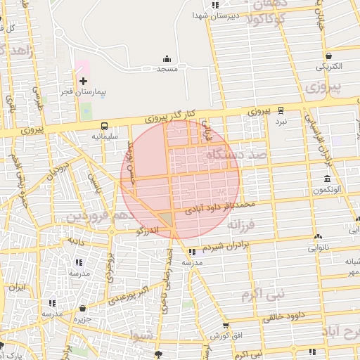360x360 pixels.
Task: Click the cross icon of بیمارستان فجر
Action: (x=84, y=82)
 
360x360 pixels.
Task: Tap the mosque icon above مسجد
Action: (x=167, y=58)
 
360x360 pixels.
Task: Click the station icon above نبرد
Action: (x=281, y=110)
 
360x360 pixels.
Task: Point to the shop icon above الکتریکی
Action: (x=328, y=56)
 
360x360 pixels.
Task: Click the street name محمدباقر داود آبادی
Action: (x=219, y=205)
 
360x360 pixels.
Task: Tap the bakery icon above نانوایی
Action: (x=319, y=236)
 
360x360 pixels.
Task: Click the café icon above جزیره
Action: (x=83, y=308)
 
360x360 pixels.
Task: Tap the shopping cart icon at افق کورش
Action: (x=225, y=326)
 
